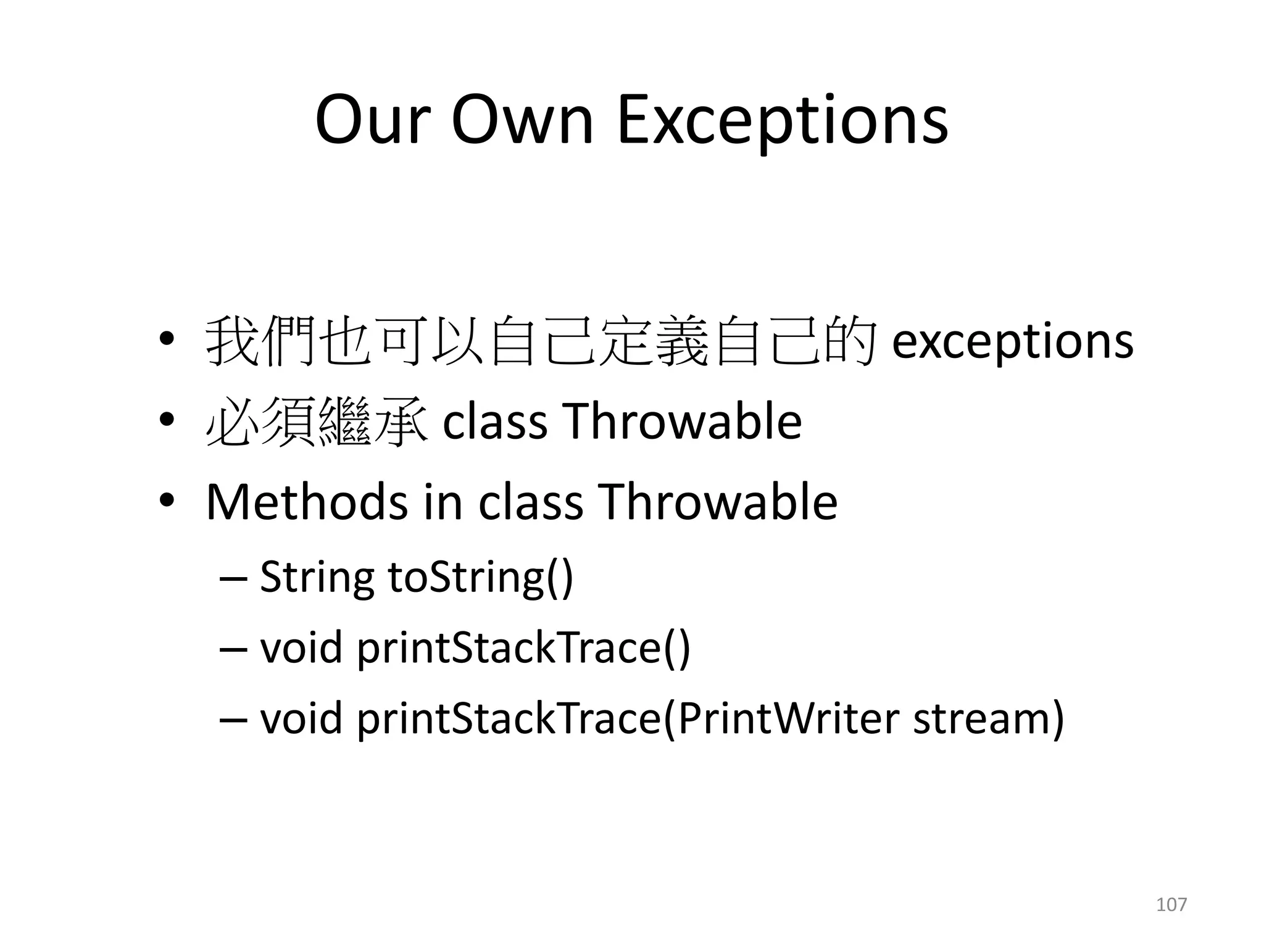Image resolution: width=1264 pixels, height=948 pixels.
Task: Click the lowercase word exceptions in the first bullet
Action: click(x=1012, y=341)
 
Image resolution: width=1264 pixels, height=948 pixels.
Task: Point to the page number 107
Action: click(x=1171, y=905)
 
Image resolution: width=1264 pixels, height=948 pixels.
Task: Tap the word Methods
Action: click(x=307, y=502)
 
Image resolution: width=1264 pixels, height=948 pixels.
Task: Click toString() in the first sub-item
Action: click(x=480, y=578)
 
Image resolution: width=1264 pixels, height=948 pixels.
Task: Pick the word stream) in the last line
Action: click(x=989, y=720)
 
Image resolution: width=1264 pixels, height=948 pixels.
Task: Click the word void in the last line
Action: click(x=301, y=720)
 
